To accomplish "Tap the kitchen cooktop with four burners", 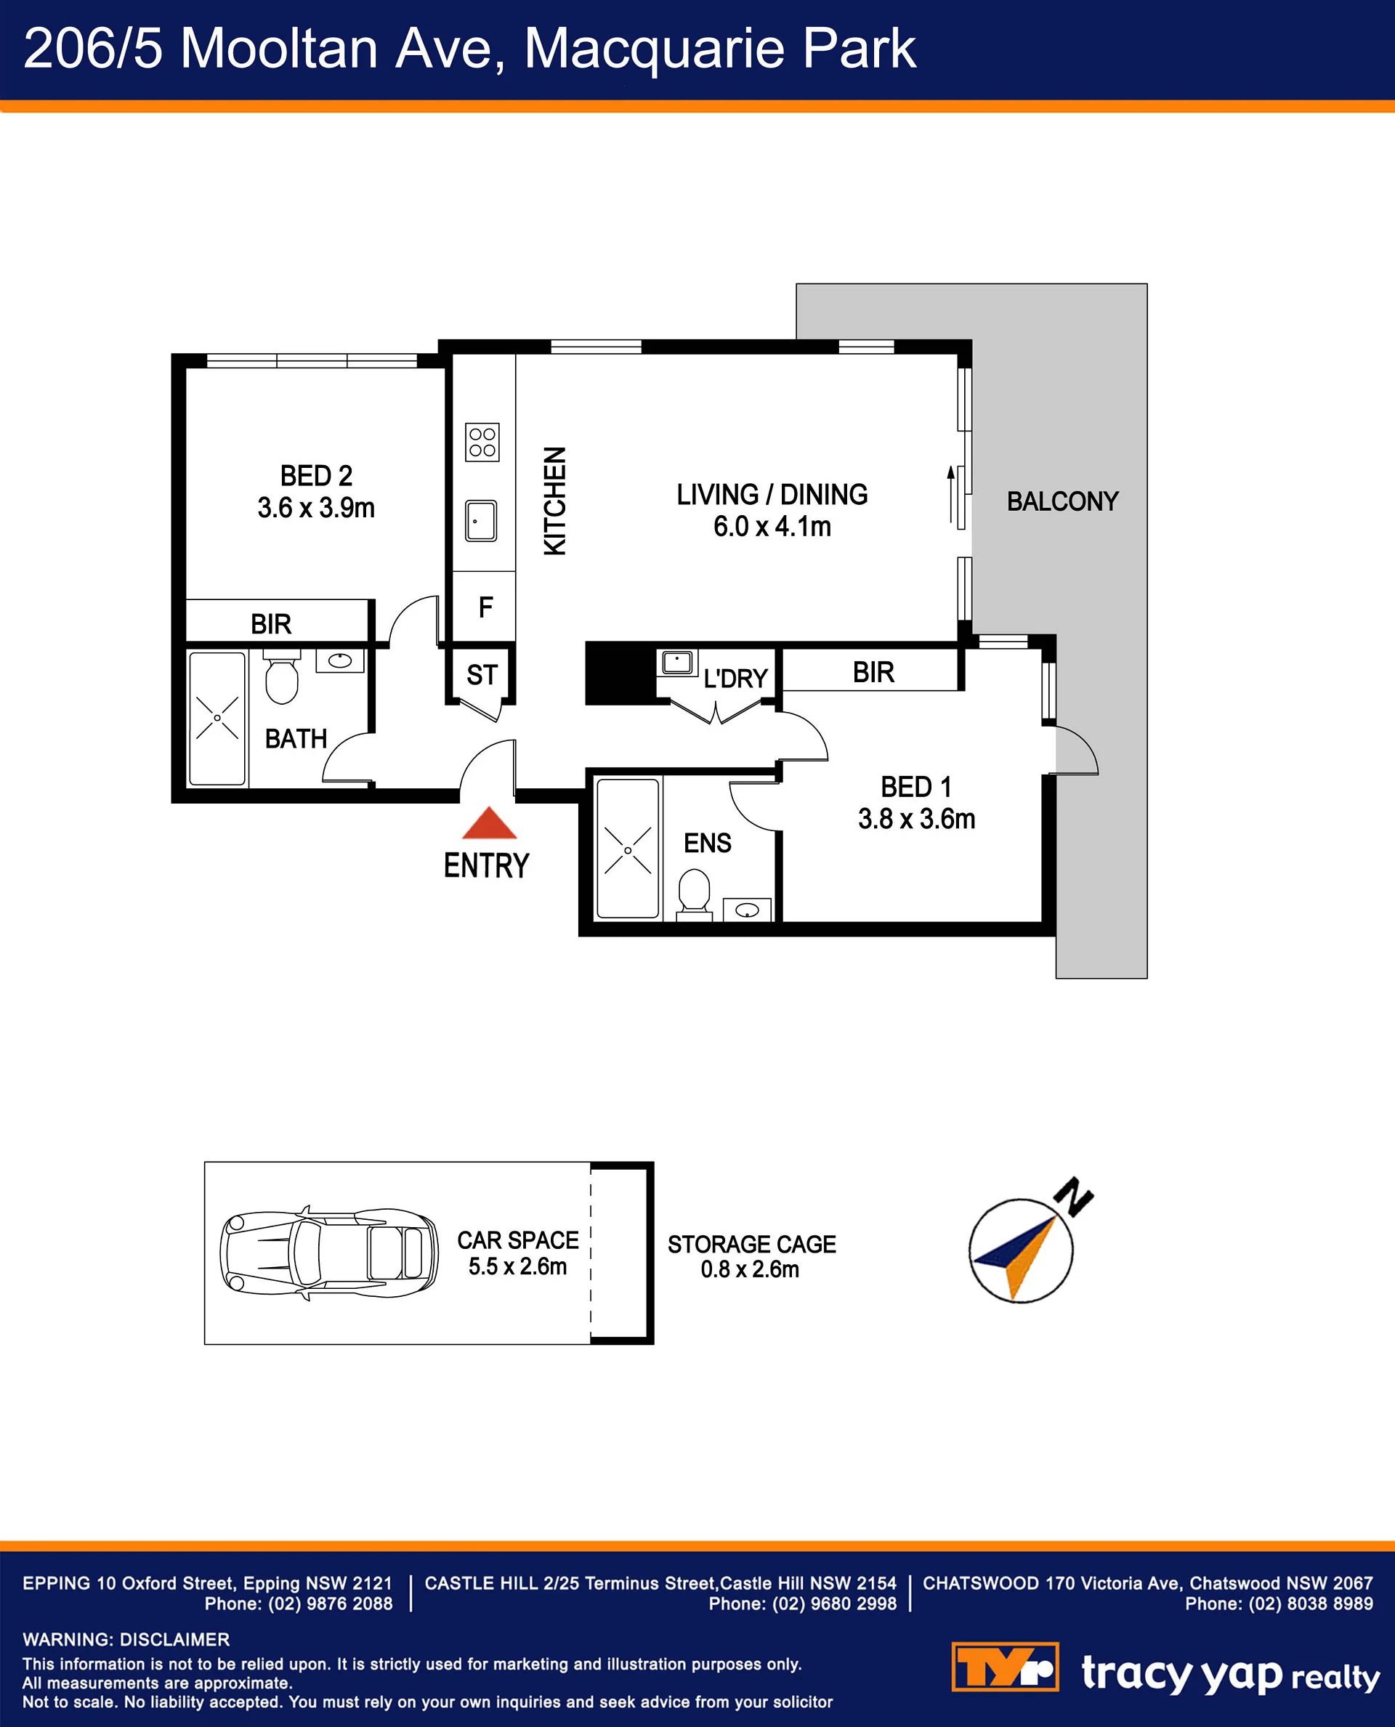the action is [482, 442].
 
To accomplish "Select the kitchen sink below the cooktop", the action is [481, 521].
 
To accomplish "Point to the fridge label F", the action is [485, 607].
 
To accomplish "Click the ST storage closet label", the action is [482, 675].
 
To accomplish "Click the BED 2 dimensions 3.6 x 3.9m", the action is [316, 508].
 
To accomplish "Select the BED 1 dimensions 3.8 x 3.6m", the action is [917, 819].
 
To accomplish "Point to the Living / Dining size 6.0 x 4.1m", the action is [772, 526].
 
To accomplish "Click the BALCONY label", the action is [1062, 501].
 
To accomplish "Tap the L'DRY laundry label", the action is [735, 679].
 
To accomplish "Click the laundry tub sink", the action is [677, 663].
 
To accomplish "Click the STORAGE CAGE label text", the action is [752, 1244].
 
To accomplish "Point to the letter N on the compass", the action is [1075, 1197].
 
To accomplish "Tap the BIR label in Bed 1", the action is [873, 673].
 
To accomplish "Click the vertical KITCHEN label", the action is [555, 501].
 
